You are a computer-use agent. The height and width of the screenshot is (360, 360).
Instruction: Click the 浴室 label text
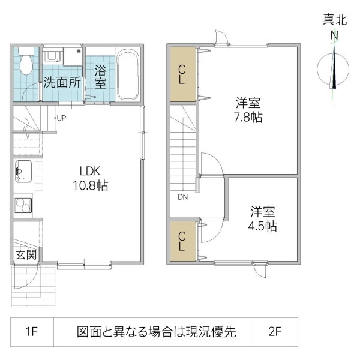point(100,76)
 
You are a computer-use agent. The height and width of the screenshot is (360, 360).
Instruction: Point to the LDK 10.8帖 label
point(86,178)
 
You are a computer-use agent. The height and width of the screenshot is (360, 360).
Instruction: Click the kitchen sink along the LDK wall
point(23,173)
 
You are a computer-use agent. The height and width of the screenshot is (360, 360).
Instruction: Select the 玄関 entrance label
point(25,255)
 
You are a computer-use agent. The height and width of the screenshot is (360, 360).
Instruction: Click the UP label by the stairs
point(61,118)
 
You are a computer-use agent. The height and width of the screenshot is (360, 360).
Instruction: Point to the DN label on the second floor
point(182,196)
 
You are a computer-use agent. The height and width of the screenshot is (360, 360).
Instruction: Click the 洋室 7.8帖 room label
point(248,109)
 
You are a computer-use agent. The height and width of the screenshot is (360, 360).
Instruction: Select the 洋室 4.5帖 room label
point(263,219)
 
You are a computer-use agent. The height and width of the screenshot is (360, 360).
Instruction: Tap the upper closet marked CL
point(182,74)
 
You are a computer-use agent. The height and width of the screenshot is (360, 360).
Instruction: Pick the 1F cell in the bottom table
point(32,331)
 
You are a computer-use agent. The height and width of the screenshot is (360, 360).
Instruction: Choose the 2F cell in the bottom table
point(275,331)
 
